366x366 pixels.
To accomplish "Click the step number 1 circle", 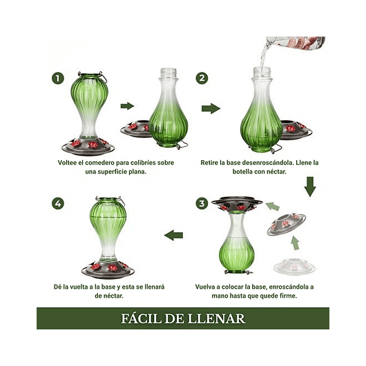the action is click(x=57, y=78).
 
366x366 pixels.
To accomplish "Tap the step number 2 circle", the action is click(x=202, y=78).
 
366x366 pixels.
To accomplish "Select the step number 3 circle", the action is click(x=202, y=203).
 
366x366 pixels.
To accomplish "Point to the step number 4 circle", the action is click(x=57, y=203).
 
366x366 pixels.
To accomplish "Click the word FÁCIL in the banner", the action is click(x=141, y=318).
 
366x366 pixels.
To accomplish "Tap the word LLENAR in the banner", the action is click(x=216, y=318).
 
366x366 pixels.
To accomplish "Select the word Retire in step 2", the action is click(x=209, y=162).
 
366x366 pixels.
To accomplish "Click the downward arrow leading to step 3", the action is click(x=310, y=186).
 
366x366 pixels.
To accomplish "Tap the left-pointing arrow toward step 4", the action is click(x=173, y=235).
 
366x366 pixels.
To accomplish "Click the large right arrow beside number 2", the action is click(x=211, y=108).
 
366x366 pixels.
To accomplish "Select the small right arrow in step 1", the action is click(x=127, y=106).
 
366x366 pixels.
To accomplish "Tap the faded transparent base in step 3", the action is click(x=295, y=266).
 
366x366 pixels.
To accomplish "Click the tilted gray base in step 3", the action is click(x=286, y=224).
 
